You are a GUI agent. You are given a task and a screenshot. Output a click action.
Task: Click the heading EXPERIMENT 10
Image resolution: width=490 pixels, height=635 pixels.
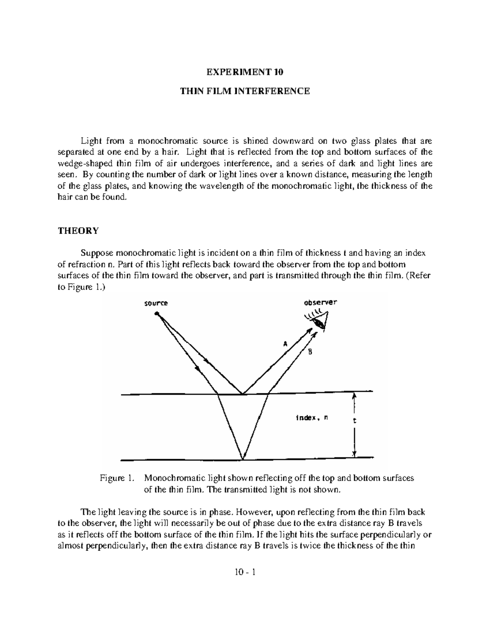pos(245,72)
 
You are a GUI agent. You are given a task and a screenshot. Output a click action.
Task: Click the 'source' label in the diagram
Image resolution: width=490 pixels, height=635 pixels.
pos(156,303)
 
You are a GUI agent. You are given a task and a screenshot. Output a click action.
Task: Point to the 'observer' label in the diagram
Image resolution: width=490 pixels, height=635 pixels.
pos(320,303)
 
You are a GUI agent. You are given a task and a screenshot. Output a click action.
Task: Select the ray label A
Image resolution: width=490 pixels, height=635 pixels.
pos(285,344)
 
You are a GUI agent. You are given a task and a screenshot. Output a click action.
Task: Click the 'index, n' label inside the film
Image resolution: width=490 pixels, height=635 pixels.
pos(312,418)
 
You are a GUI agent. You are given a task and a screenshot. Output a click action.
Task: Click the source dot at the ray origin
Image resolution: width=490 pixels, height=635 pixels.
pos(156,314)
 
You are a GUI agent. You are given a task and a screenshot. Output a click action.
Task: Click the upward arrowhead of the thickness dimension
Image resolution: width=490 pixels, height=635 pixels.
pos(354,396)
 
